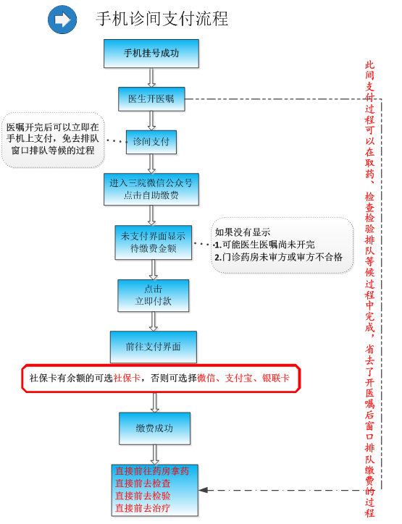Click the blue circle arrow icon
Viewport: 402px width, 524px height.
(62, 20)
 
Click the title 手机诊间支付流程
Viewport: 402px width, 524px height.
(162, 19)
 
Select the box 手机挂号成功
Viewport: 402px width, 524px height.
(151, 54)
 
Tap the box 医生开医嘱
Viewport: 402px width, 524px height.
(151, 99)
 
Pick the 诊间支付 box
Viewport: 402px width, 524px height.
(151, 142)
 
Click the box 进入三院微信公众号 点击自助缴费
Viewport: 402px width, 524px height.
(151, 189)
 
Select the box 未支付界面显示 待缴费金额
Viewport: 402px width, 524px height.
(153, 242)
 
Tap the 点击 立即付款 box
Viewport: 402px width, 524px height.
(153, 295)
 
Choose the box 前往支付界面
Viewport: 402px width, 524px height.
(153, 347)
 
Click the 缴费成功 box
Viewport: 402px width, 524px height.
(154, 428)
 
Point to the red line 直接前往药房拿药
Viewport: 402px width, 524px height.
(152, 471)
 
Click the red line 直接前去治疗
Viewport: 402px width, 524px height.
(143, 508)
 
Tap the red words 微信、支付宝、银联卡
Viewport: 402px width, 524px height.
(243, 378)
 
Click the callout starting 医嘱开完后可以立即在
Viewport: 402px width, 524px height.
(53, 140)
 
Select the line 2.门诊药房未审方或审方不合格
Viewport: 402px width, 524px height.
(279, 257)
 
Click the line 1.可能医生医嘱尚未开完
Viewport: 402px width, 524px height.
(264, 245)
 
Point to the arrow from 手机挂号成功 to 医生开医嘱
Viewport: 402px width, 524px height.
(151, 77)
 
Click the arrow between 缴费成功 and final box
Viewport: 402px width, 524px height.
(154, 455)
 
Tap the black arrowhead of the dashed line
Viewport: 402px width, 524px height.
(204, 490)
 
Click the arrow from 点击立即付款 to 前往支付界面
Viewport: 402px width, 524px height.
(153, 321)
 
